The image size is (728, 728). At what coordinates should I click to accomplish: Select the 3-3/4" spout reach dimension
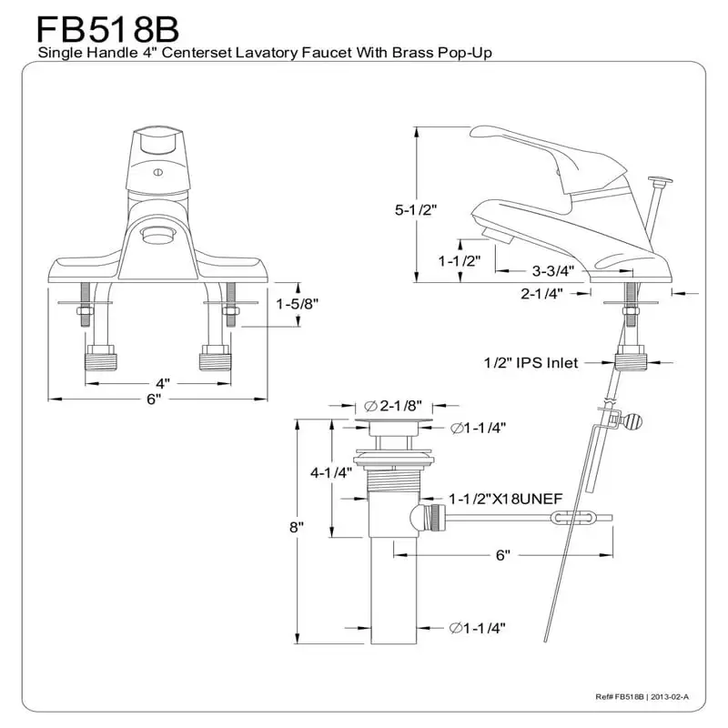tap(551, 270)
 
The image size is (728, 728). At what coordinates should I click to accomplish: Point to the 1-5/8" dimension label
tap(298, 304)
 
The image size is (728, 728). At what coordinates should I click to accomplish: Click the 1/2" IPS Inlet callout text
tap(531, 363)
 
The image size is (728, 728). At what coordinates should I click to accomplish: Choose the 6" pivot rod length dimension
tap(502, 554)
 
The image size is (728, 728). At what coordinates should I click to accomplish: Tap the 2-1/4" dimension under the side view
tap(541, 293)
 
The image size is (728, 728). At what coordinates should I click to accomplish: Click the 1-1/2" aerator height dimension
tap(459, 261)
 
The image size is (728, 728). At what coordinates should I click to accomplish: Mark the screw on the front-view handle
tap(156, 170)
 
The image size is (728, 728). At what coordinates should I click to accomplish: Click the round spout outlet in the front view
tap(159, 236)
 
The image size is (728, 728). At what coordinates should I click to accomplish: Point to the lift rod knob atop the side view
tap(660, 181)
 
